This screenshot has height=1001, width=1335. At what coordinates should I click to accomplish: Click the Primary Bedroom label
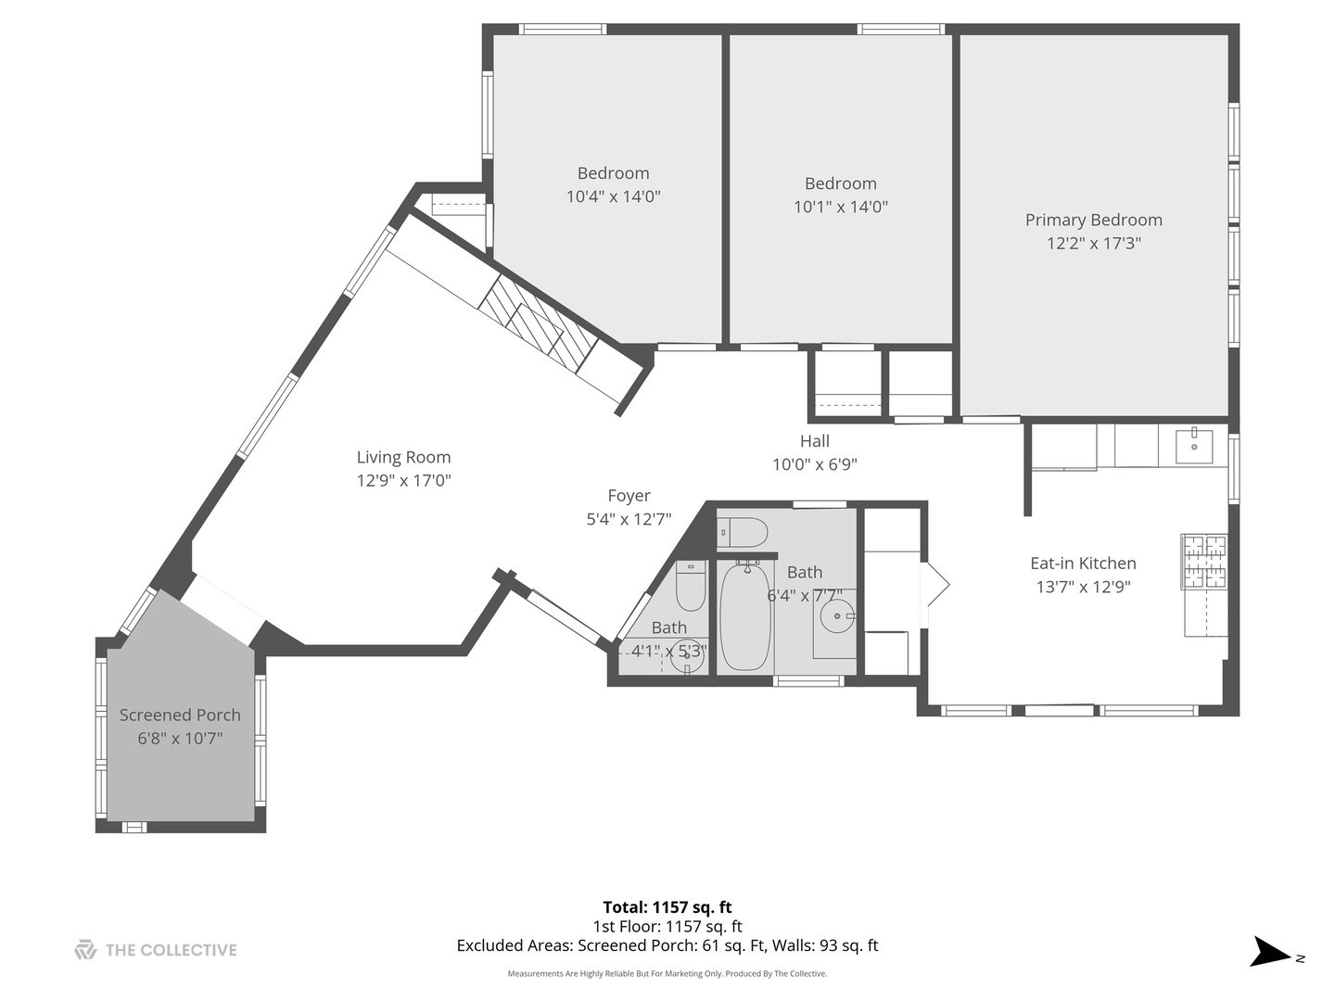click(1094, 220)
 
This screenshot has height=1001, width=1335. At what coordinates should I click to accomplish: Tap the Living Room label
click(404, 457)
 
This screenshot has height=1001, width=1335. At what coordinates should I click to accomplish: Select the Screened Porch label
click(180, 715)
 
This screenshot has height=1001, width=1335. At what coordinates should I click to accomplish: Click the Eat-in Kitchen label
click(1083, 564)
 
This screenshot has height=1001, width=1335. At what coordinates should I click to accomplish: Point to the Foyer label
click(629, 496)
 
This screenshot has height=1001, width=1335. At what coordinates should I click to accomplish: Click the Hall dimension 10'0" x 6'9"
click(815, 464)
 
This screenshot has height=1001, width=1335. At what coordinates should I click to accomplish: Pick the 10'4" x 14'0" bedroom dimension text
click(613, 196)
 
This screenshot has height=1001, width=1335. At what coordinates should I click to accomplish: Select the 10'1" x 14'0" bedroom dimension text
click(841, 207)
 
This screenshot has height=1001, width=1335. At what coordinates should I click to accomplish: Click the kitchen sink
click(1194, 447)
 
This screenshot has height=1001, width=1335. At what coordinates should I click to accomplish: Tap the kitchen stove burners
click(1204, 562)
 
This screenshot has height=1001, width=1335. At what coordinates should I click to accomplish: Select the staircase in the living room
click(538, 323)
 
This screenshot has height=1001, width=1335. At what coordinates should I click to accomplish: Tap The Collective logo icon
click(85, 949)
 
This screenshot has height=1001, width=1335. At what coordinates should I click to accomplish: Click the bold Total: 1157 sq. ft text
click(667, 907)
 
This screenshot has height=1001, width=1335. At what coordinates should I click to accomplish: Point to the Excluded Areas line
click(667, 945)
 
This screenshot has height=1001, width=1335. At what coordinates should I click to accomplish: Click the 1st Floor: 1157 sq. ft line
click(667, 926)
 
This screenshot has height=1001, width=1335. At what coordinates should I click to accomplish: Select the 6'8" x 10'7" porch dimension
click(180, 738)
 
